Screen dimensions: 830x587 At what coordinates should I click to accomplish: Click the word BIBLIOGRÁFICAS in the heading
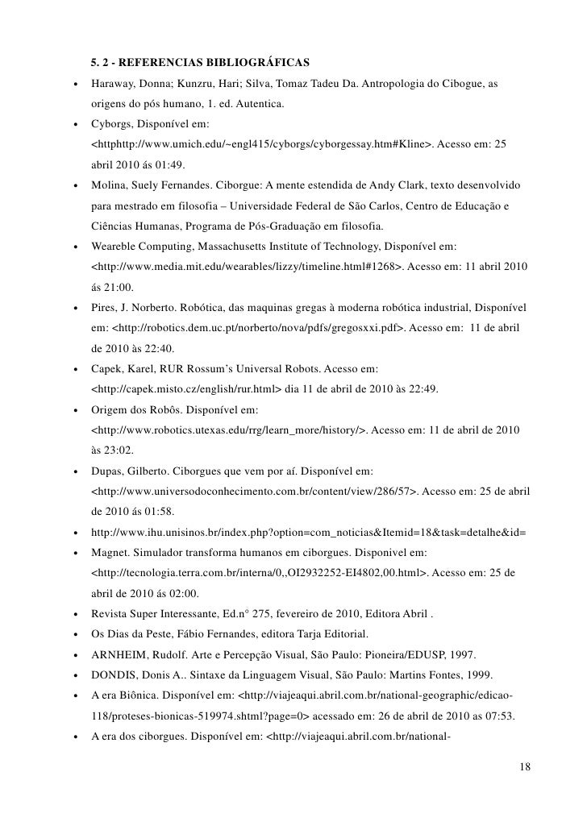tap(251, 62)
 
